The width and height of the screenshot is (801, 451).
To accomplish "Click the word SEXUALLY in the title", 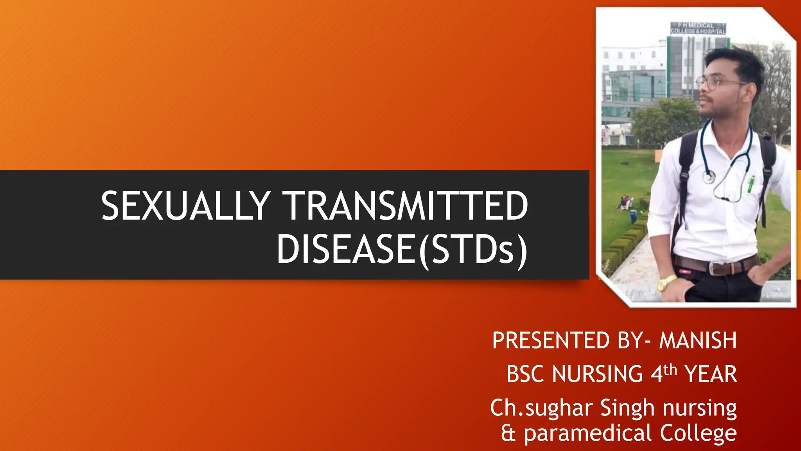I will (x=185, y=206).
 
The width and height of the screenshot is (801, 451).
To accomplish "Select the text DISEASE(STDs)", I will (x=402, y=249).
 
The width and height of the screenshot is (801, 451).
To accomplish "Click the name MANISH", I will (x=698, y=340).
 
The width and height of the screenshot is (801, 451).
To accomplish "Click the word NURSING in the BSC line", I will (x=597, y=374).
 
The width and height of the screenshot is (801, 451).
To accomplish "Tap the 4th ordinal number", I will (x=663, y=373).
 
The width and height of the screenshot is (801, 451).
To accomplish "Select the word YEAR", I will (x=711, y=374).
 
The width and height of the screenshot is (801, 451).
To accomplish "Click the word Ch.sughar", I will (x=541, y=408).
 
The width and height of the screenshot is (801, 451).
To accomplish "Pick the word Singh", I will (x=627, y=408).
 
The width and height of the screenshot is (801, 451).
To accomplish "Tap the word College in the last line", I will (x=698, y=433).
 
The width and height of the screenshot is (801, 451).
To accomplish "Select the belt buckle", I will (x=716, y=268).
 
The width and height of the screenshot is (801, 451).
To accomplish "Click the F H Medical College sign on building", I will (x=698, y=28).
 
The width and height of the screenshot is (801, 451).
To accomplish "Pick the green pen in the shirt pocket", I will (x=751, y=184).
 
